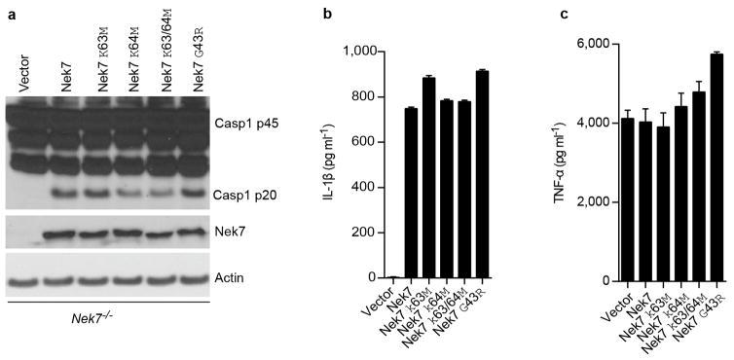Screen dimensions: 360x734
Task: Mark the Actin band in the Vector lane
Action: click(24, 280)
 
